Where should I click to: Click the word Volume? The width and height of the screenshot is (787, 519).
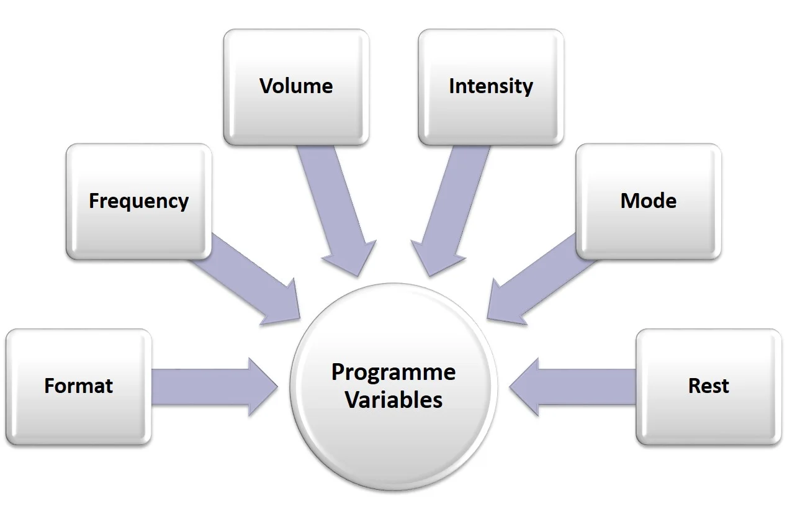[x=296, y=86]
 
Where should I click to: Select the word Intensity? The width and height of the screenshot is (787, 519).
[x=490, y=86]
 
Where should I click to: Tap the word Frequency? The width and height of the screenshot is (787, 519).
[x=138, y=201]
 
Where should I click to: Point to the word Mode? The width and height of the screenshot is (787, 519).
[x=648, y=201]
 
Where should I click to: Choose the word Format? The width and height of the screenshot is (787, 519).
[x=78, y=386]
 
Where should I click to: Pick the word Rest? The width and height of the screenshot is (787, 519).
[x=708, y=386]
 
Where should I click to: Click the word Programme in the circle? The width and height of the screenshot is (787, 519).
[x=393, y=372]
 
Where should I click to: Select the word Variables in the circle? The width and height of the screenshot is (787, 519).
[x=393, y=400]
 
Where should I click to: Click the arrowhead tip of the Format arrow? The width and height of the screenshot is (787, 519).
[x=276, y=387]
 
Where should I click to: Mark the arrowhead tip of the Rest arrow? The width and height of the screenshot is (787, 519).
[x=511, y=387]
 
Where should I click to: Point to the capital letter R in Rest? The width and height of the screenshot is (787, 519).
[x=695, y=386]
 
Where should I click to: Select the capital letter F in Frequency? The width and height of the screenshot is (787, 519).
[x=94, y=201]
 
